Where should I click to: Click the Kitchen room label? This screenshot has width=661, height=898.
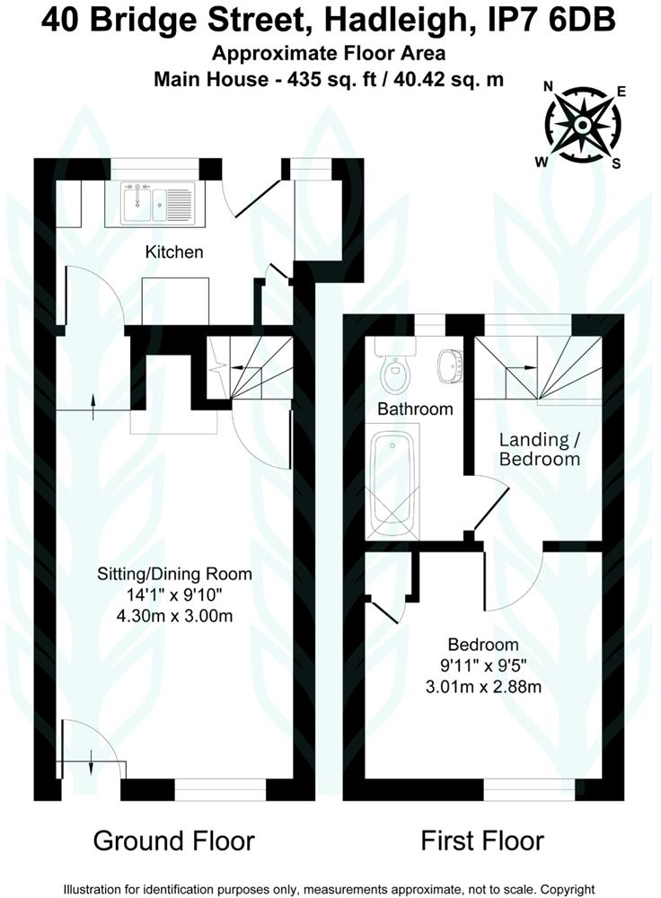click(x=174, y=252)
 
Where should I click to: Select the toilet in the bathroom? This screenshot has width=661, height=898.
click(x=394, y=369)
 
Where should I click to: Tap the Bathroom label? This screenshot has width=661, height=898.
click(x=414, y=409)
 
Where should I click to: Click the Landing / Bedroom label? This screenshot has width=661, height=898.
click(x=539, y=449)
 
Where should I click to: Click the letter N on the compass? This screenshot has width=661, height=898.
click(x=548, y=87)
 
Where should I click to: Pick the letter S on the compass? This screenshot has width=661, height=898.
click(x=616, y=163)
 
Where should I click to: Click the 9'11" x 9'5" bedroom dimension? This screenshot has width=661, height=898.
click(x=484, y=666)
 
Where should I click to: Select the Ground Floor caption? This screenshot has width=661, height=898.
click(x=173, y=841)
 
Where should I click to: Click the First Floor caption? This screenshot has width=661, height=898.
click(x=482, y=841)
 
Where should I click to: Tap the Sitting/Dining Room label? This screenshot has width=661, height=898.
click(x=188, y=574)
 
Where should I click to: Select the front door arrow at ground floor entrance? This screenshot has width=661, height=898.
click(x=93, y=766)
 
